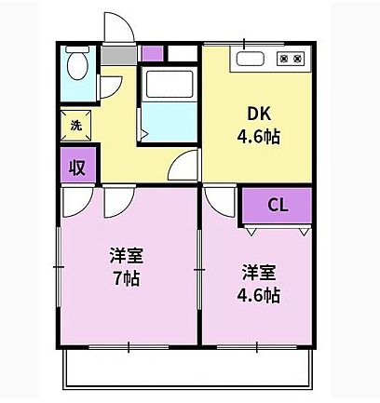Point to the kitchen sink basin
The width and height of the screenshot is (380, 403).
coord(251,59)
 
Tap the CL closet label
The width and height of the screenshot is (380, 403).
coord(277,205)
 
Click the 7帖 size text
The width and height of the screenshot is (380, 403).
coord(124,277)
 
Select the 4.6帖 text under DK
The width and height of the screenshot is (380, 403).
coord(259,136)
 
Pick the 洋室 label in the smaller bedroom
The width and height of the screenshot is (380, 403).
coord(258,273)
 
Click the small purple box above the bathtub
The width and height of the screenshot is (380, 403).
coord(152,52)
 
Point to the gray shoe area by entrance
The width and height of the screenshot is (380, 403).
coord(115,54)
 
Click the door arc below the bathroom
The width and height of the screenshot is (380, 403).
coord(187,168)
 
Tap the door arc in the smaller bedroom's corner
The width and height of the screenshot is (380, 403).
coord(220,198)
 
